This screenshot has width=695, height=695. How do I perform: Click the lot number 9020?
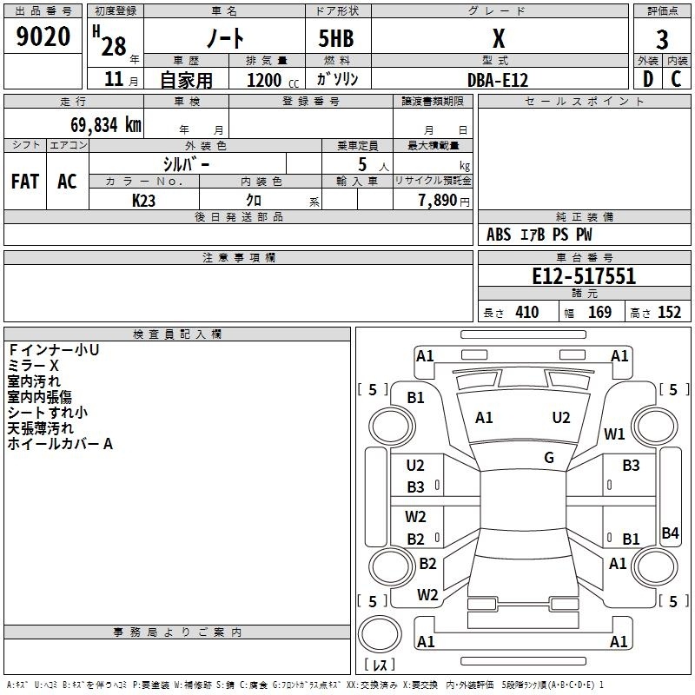[x=43, y=36]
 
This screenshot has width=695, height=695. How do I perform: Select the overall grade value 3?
[x=662, y=40]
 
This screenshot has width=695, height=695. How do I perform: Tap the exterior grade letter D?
[x=648, y=79]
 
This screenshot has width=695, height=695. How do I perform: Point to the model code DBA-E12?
[x=498, y=80]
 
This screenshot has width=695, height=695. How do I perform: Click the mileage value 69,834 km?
[x=106, y=124]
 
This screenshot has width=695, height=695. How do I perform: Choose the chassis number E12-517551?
[x=584, y=276]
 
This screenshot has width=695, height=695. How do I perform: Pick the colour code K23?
[x=143, y=201]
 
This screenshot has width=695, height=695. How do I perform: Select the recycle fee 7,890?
[x=437, y=200]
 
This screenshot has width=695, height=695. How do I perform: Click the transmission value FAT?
[x=25, y=182]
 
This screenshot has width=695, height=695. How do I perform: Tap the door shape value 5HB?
[x=336, y=38]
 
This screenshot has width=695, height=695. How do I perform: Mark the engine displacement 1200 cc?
[x=273, y=80]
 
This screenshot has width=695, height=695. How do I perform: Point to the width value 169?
[x=599, y=312]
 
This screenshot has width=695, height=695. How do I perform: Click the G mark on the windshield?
[x=549, y=458]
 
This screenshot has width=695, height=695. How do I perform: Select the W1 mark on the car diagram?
[x=614, y=434]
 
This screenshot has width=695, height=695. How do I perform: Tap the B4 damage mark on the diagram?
[x=670, y=533]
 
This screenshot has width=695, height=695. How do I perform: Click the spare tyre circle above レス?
[x=380, y=634]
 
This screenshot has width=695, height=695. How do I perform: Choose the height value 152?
[x=669, y=312]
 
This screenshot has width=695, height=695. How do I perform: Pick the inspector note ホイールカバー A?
[x=60, y=444]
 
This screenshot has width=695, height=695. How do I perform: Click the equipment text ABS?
[x=499, y=235]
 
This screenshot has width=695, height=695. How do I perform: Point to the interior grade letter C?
[x=676, y=79]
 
